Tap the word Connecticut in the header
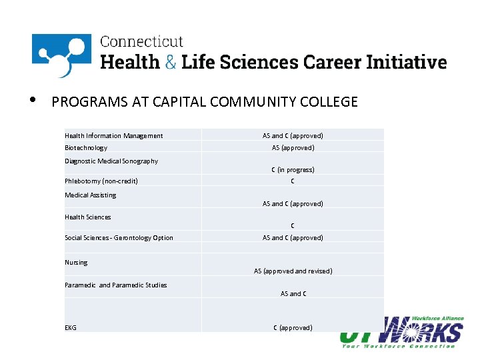141,42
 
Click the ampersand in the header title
170,63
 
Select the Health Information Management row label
113,136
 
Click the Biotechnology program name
86,147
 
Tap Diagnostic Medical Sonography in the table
111,161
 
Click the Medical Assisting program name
90,195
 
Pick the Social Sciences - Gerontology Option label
119,237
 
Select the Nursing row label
76,262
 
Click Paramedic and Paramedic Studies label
115,285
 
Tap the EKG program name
71,327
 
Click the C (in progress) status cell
293,169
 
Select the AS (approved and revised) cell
293,271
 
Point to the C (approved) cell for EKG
293,327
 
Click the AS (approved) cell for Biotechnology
293,147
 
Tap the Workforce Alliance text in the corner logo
438,319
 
